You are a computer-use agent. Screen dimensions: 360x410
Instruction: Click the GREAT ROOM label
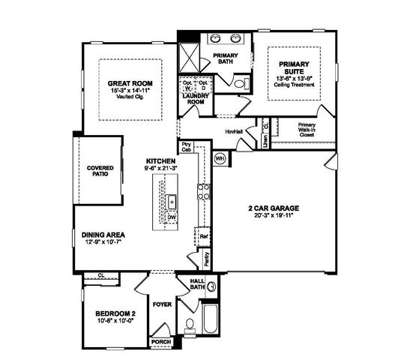130,83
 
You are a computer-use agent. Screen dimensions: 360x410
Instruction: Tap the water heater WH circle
220,158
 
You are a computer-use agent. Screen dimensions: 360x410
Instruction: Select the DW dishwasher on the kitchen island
172,217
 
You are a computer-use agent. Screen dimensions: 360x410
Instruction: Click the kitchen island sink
172,201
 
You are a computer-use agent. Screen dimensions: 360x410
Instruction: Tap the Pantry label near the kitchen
205,258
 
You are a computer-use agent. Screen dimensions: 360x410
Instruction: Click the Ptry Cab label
185,147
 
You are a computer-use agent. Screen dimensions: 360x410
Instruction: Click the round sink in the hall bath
211,286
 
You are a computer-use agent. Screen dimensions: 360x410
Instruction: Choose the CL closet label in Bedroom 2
100,274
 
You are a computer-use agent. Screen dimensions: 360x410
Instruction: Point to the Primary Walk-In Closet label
307,131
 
